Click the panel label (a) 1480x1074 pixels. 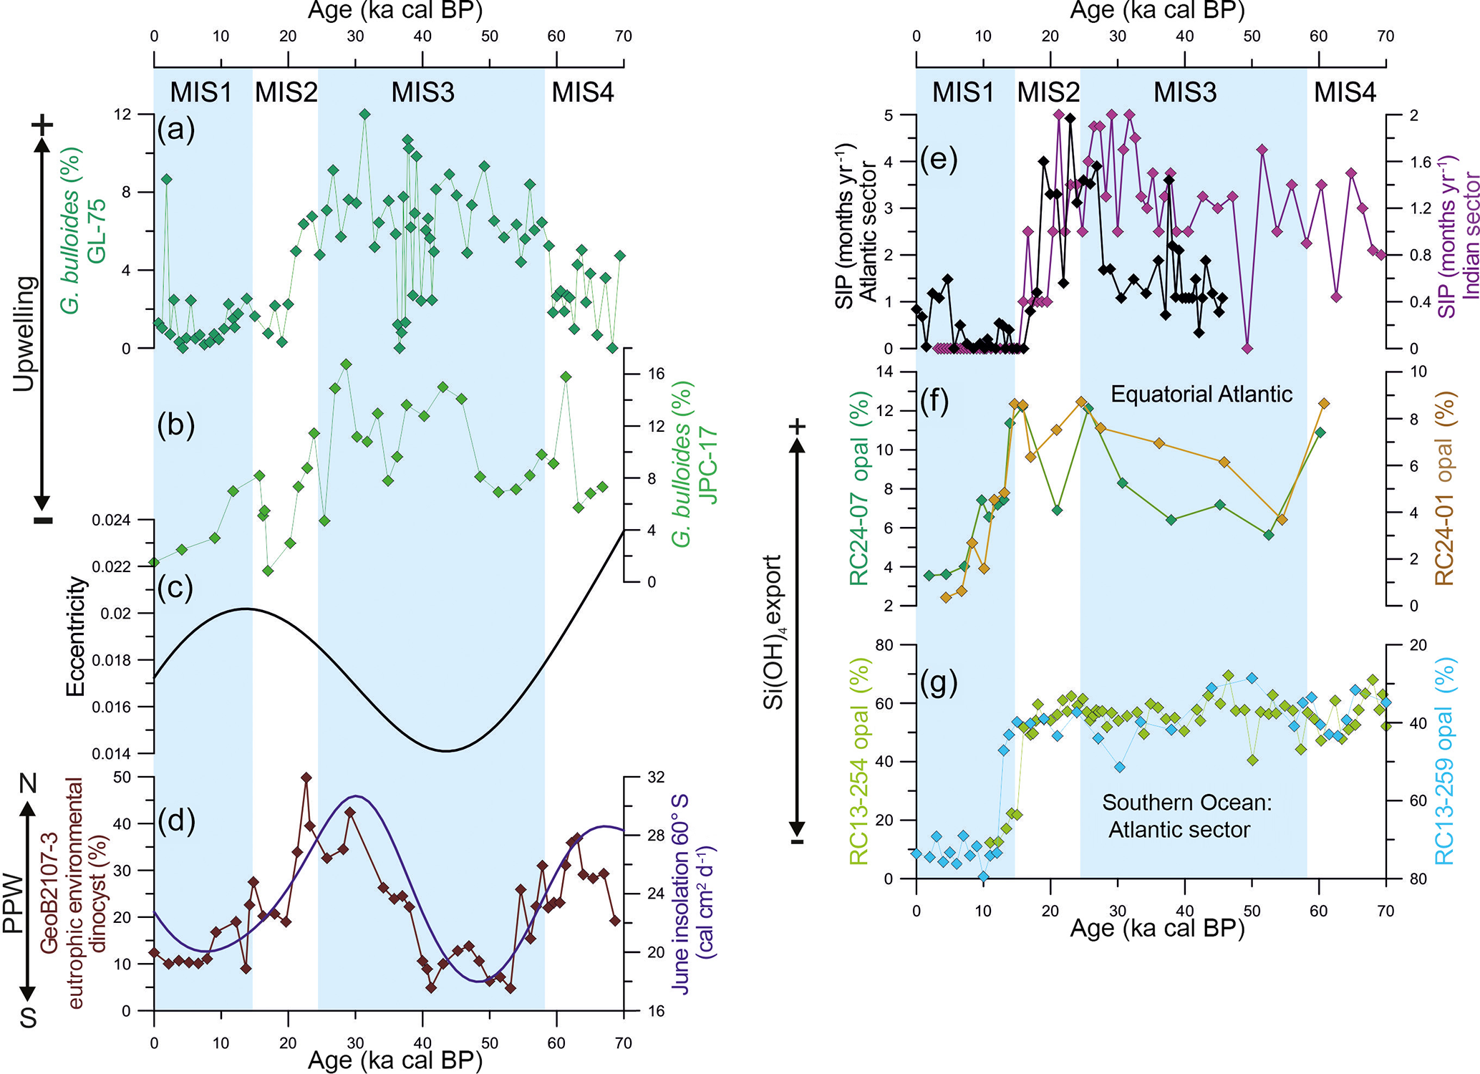click(x=175, y=130)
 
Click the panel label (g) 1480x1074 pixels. click(x=939, y=682)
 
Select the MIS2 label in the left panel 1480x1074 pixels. click(x=286, y=92)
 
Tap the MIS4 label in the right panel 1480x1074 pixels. click(x=1345, y=92)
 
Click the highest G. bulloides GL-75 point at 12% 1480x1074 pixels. click(x=364, y=115)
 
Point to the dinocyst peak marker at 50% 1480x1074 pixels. click(x=306, y=778)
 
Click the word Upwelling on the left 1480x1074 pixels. click(x=24, y=333)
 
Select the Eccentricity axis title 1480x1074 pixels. click(x=75, y=637)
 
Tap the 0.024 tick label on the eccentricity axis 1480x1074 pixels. click(x=111, y=520)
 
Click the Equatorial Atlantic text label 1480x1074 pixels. click(x=1201, y=394)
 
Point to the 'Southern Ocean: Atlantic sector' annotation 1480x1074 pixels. click(x=1186, y=816)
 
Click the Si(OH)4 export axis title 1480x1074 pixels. click(x=774, y=632)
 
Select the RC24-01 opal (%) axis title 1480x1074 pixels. click(x=1443, y=488)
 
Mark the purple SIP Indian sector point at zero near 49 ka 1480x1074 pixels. click(x=1247, y=349)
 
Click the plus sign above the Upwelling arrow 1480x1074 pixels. click(x=42, y=126)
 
